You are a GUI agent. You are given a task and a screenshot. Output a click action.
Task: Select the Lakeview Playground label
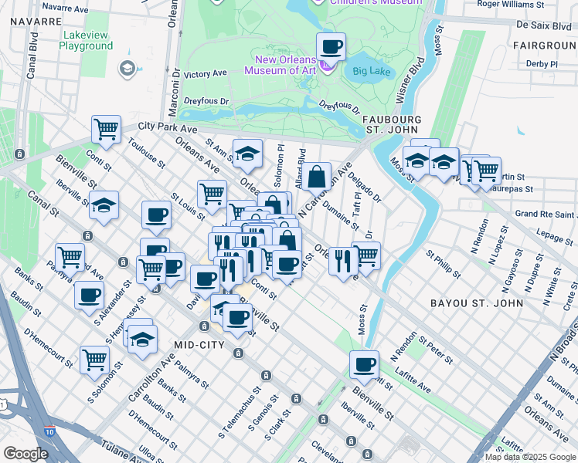click(x=86, y=41)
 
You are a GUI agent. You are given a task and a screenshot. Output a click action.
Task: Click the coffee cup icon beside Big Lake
click(x=331, y=46)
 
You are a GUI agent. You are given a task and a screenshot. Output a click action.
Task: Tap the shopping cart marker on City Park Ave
click(x=106, y=129)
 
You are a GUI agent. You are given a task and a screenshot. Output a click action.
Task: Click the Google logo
click(x=25, y=454)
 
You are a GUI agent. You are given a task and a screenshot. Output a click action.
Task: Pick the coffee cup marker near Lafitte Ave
click(x=363, y=364)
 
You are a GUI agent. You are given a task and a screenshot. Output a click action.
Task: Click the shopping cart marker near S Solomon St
click(x=93, y=358)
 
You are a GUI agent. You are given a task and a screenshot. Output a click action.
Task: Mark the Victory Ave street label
click(x=206, y=74)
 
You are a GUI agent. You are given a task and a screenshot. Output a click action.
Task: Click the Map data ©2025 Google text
click(x=530, y=457)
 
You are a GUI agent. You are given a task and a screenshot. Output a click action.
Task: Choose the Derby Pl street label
click(x=541, y=63)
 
